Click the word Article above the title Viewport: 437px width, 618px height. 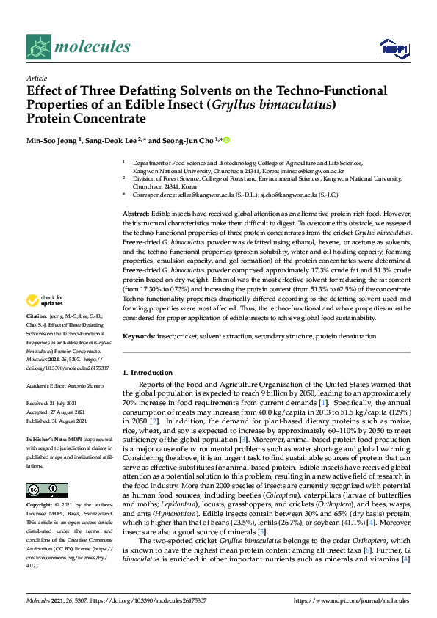(36, 77)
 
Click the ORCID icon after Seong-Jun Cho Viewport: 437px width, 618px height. (226, 140)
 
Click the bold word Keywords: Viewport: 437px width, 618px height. (139, 336)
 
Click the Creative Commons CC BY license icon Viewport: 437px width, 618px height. (47, 490)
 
